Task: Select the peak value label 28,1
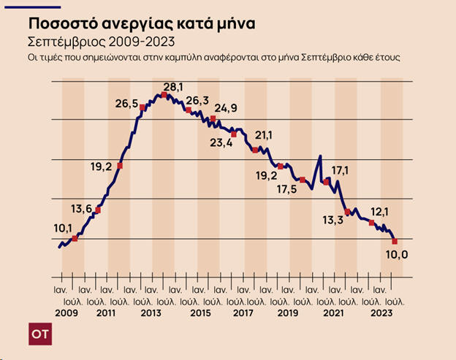(173, 87)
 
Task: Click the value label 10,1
(63, 229)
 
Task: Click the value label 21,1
(263, 135)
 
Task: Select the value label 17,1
(341, 171)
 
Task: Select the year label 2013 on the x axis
(151, 313)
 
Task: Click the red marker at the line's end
(395, 241)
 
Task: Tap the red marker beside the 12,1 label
(372, 223)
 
